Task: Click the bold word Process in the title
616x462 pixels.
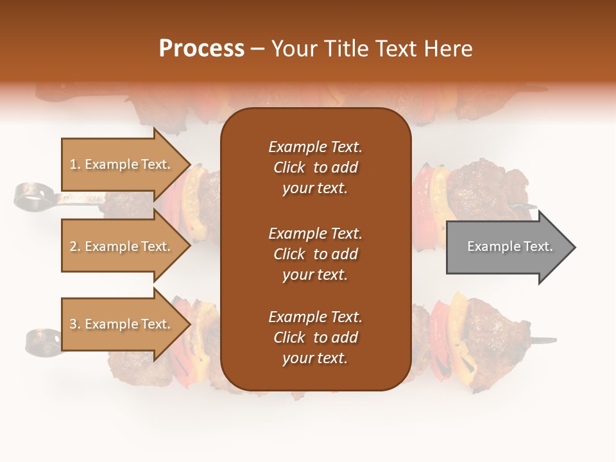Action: pyautogui.click(x=201, y=48)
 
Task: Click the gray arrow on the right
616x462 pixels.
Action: pyautogui.click(x=510, y=247)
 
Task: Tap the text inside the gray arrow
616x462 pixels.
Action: pyautogui.click(x=509, y=246)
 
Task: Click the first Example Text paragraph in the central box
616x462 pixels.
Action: pyautogui.click(x=315, y=167)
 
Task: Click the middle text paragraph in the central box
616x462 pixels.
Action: pyautogui.click(x=315, y=254)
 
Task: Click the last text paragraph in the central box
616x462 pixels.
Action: pyautogui.click(x=315, y=338)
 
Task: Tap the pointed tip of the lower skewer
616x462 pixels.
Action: pyautogui.click(x=553, y=339)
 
